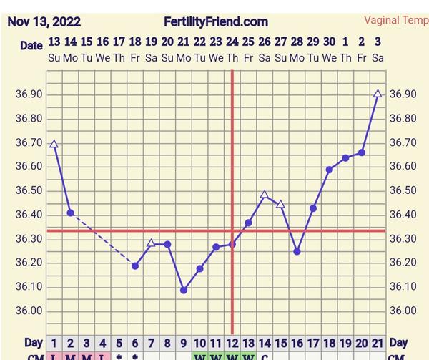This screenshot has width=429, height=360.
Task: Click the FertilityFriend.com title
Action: point(216,21)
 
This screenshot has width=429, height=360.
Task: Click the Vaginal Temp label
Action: point(395,21)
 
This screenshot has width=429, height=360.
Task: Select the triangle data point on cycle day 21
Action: point(378,94)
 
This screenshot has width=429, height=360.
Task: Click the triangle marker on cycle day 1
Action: point(54,144)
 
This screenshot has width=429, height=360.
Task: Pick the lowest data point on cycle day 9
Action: point(184,290)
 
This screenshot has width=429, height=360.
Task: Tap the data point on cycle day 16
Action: point(297,251)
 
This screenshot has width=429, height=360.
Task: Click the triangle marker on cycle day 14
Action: point(265,195)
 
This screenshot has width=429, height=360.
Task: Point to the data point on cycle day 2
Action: point(70,213)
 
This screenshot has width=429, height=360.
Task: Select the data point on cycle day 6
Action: point(135,266)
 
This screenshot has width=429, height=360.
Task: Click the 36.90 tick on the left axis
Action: point(28,94)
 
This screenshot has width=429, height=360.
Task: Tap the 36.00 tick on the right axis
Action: point(402,311)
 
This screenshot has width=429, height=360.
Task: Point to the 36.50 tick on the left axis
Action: point(28,190)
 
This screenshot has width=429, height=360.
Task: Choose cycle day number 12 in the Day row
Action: point(232,343)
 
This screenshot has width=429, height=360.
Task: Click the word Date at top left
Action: point(31,45)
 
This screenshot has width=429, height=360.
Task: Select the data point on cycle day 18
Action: point(330,170)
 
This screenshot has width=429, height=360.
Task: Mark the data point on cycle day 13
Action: point(248,223)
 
